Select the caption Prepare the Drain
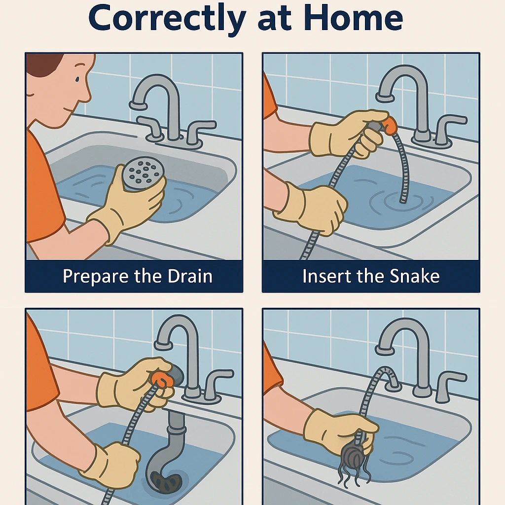point(138,276)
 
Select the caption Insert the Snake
point(371,276)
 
